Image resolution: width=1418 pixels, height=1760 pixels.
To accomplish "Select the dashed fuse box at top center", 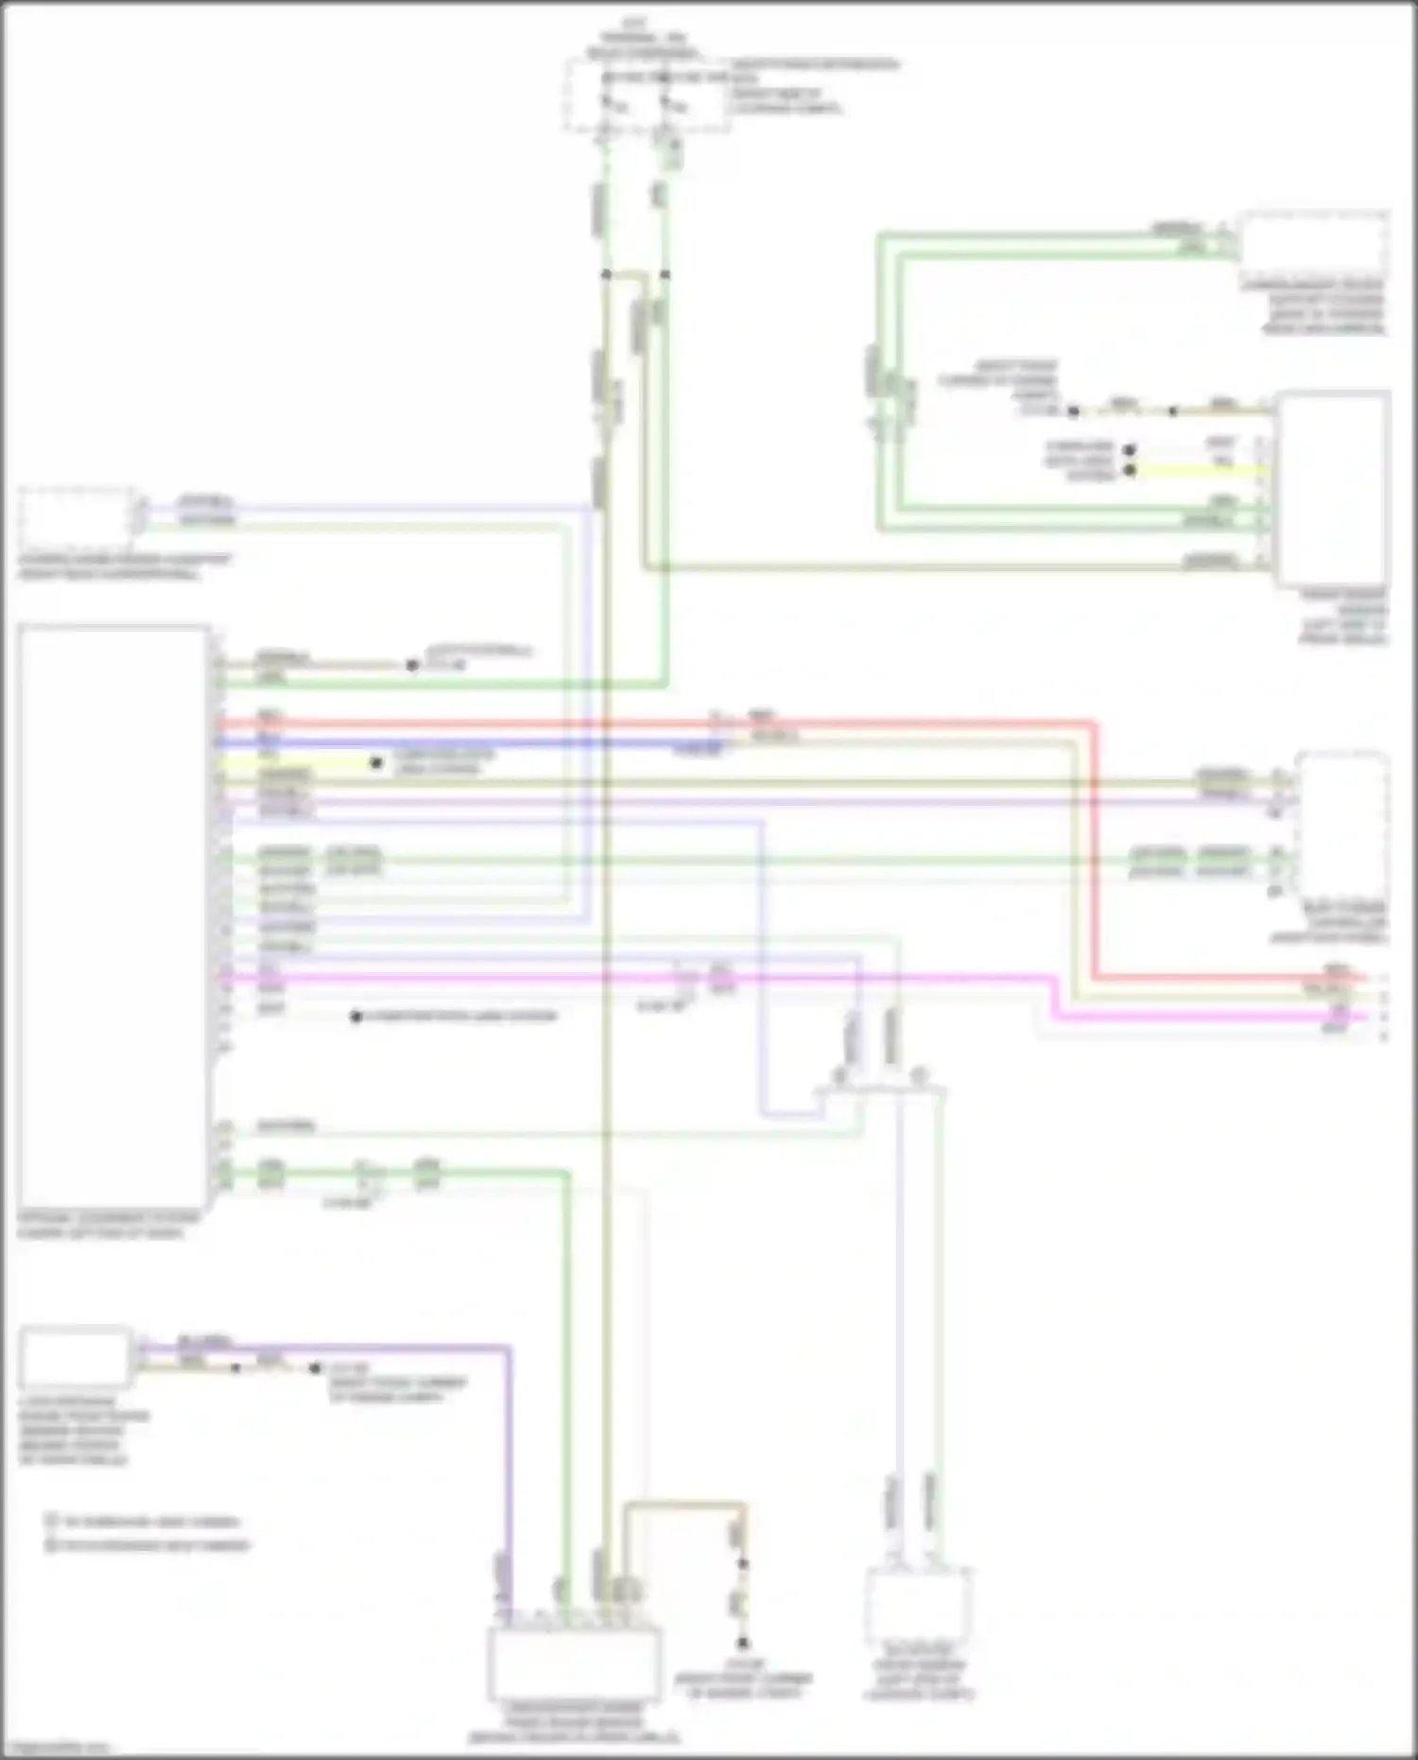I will point(647,96).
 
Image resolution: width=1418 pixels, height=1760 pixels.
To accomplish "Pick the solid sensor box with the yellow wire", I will point(1331,487).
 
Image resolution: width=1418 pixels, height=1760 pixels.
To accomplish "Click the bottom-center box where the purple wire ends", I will point(574,1664).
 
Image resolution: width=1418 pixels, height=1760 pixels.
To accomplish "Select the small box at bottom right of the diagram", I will point(917,1607).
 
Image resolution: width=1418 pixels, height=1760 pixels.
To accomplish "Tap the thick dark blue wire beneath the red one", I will point(473,742).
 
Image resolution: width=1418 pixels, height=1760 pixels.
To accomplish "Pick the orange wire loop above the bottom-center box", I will point(681,1504).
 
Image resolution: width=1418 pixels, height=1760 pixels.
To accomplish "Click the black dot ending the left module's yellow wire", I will point(376,762).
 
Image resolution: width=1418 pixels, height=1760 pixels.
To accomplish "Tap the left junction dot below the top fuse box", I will point(606,275).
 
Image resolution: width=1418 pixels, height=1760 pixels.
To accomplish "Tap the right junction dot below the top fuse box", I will point(665,275).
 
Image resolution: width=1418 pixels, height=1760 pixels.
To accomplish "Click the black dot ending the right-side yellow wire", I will point(1130,470).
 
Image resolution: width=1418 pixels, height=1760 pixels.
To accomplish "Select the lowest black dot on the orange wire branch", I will point(743,1643).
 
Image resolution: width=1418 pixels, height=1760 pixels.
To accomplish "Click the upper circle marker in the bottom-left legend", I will point(52,1522).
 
